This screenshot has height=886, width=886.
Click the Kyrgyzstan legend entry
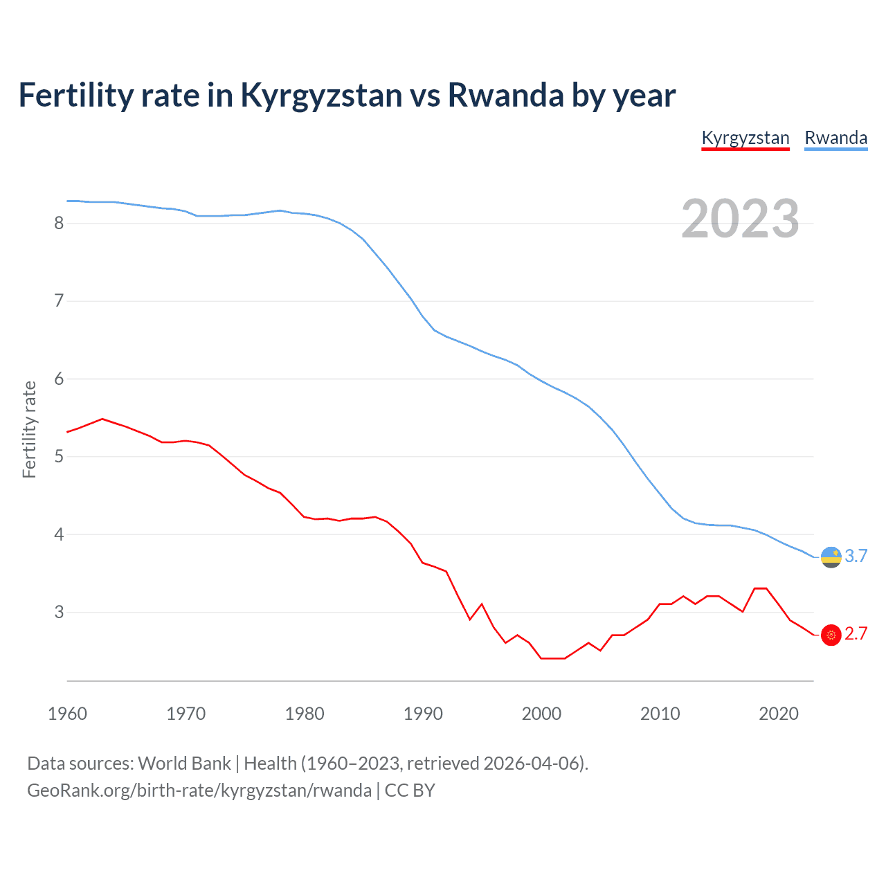[x=745, y=138]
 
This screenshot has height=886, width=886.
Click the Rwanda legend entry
[x=835, y=138]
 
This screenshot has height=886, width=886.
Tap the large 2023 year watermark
[x=740, y=219]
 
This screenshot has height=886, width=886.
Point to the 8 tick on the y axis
[x=59, y=223]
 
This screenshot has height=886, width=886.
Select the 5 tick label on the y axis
[x=59, y=457]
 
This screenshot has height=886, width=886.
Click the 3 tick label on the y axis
[x=59, y=613]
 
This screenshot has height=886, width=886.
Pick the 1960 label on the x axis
[x=67, y=714]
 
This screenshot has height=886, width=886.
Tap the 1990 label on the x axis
[x=423, y=714]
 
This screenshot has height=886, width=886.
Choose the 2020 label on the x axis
[x=779, y=714]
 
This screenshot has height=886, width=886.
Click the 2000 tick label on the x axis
[x=541, y=714]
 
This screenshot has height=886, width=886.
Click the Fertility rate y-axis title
[x=29, y=429]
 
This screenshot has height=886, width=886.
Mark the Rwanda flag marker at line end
[x=831, y=557]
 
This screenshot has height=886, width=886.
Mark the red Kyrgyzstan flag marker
[x=831, y=635]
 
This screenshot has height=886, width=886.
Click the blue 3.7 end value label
[x=856, y=557]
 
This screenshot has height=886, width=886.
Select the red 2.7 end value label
[x=856, y=634]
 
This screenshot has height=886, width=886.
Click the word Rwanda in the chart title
[x=506, y=96]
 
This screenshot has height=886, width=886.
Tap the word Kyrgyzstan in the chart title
[x=321, y=96]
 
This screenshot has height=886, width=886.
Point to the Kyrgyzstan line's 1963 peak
[x=102, y=419]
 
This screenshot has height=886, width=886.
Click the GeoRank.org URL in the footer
[x=199, y=790]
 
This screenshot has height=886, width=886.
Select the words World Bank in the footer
[x=184, y=763]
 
